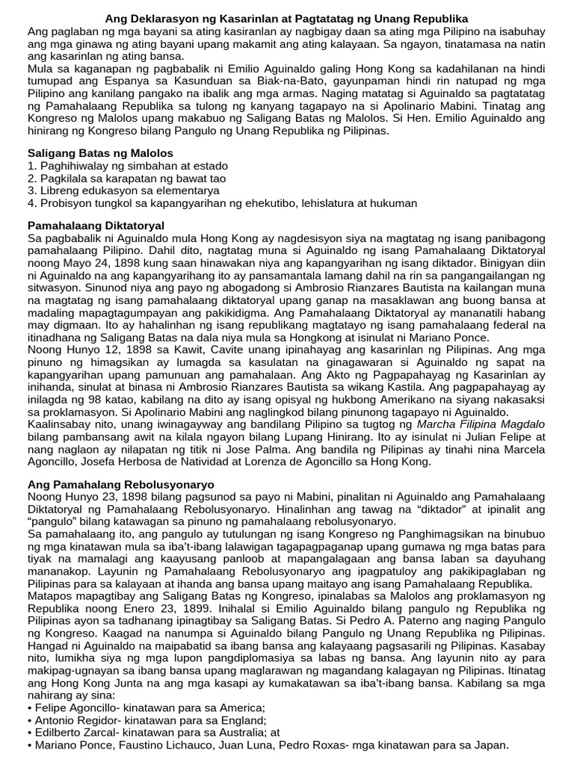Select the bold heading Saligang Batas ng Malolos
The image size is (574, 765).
(x=100, y=152)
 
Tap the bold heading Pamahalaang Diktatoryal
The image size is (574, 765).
(x=96, y=225)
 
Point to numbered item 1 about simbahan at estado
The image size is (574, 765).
(x=128, y=165)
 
